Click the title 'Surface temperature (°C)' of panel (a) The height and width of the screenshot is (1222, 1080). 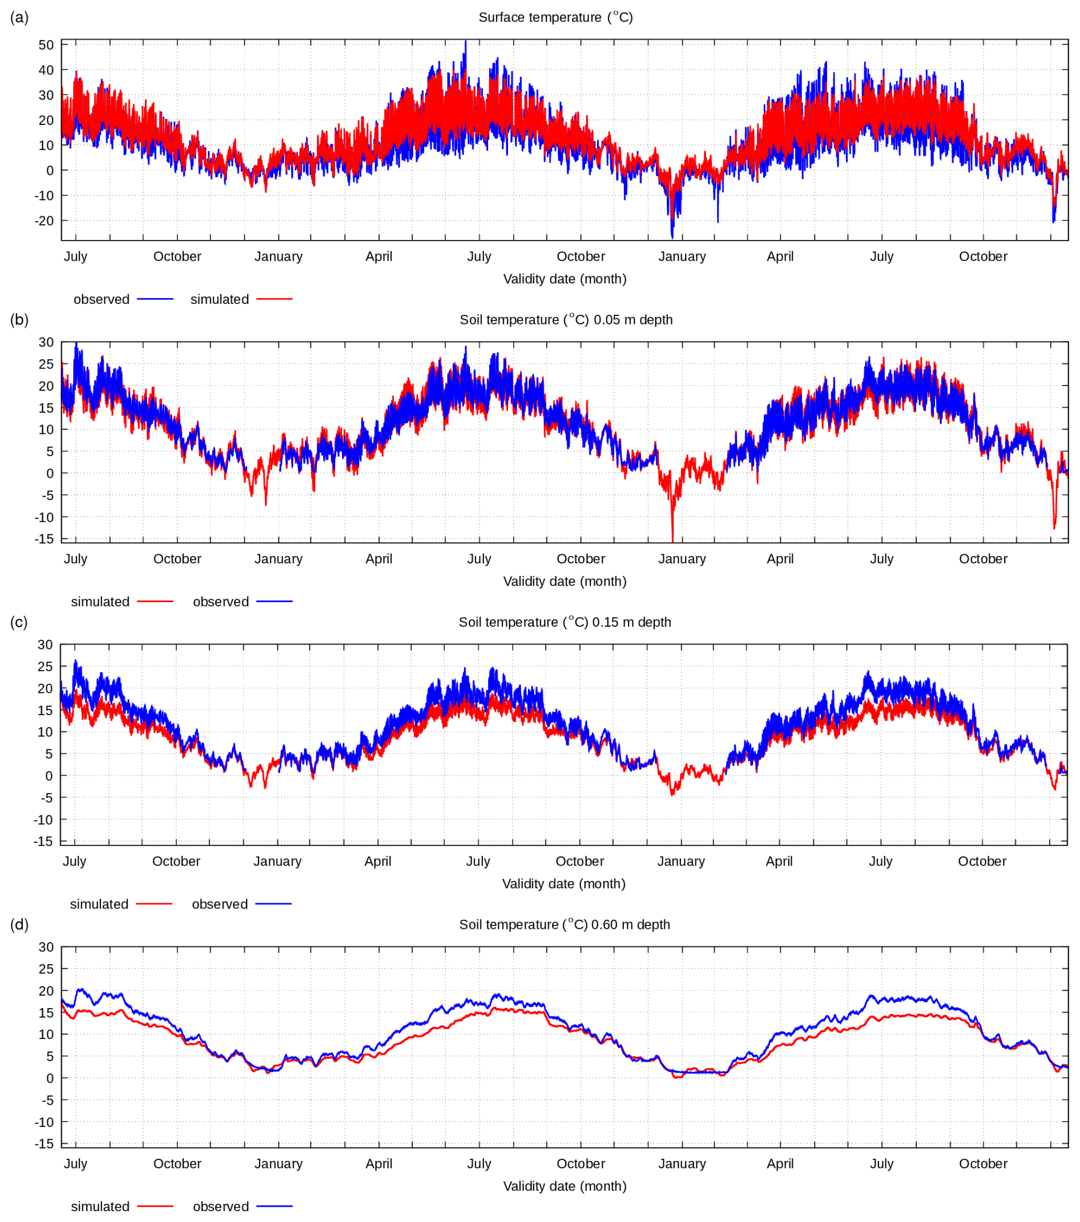pos(555,17)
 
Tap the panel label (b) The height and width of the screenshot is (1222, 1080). pos(19,319)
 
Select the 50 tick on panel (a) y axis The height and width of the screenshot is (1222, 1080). pos(46,45)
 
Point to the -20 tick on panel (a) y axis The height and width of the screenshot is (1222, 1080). pos(44,221)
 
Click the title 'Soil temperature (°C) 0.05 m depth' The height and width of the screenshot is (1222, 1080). pos(566,320)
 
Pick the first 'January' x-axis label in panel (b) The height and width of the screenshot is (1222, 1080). pos(278,559)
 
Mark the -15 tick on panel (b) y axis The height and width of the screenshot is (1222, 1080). pos(44,539)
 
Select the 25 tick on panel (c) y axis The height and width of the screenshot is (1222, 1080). pos(46,667)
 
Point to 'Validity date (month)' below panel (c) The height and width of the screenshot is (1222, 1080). pos(563,884)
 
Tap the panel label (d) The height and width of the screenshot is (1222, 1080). pos(19,924)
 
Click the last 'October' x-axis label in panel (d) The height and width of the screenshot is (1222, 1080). pos(982,1164)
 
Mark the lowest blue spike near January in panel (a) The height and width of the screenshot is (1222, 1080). pos(672,237)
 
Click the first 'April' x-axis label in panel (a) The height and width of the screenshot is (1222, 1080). pos(379,257)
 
